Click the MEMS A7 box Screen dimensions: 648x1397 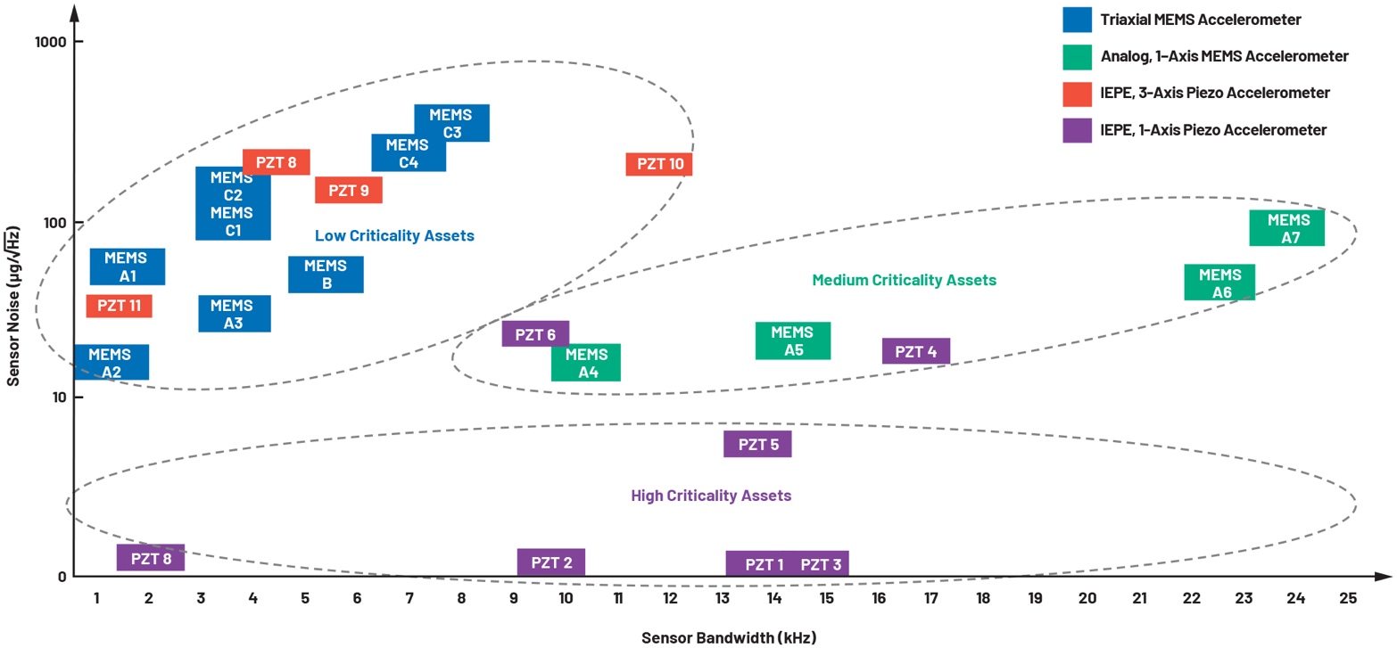coord(1286,228)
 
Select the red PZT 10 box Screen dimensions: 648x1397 coord(659,164)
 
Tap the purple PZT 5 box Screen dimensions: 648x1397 coord(757,444)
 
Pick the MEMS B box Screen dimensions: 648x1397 coord(326,275)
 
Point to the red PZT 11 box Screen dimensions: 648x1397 coord(119,306)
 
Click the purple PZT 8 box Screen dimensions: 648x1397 coord(151,558)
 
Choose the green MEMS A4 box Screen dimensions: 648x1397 coord(586,363)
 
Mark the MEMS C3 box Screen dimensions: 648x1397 coord(451,123)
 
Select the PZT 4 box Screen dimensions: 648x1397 coord(915,351)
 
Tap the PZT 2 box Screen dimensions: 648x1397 coord(551,562)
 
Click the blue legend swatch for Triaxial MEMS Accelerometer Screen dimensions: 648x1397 coord(1077,20)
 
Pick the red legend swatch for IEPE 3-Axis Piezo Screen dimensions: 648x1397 coord(1077,93)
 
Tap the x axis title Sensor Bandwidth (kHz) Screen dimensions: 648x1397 coord(729,636)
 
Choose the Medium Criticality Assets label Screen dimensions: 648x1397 coord(904,280)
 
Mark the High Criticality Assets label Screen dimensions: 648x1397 coord(711,496)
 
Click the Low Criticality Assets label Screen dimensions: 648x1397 coord(394,236)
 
